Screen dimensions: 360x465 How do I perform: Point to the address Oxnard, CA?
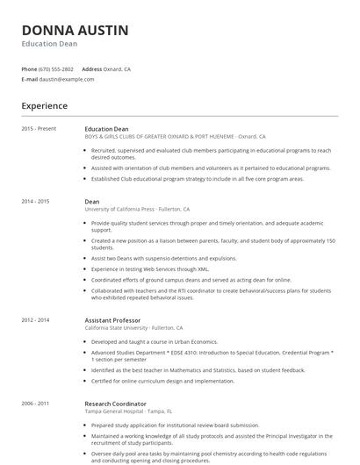point(118,68)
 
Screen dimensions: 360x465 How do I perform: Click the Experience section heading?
point(45,106)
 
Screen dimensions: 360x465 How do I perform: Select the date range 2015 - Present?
point(40,129)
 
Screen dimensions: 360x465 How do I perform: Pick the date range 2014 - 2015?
point(36,202)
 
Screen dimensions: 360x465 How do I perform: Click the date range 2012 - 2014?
point(36,319)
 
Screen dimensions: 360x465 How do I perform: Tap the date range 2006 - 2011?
point(36,404)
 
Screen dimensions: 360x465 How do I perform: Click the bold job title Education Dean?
point(107,129)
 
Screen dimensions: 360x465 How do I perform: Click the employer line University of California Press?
point(132,210)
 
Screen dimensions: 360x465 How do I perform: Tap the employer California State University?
point(135,327)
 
